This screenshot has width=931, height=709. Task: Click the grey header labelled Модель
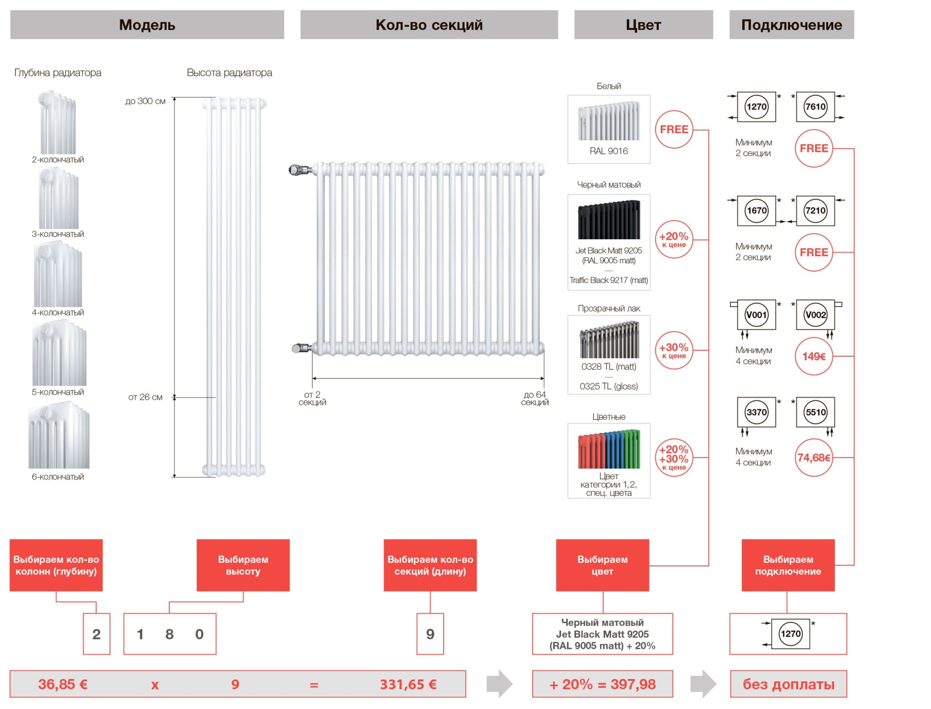[x=147, y=25]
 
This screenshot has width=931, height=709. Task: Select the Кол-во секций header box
[x=429, y=25]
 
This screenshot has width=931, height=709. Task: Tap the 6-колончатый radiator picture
[x=59, y=437]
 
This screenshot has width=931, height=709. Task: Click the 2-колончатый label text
[x=58, y=160]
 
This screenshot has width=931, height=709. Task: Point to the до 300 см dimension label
[x=145, y=101]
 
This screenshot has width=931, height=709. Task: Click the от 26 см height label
[x=145, y=397]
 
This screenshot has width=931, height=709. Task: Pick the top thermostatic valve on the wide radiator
[x=299, y=170]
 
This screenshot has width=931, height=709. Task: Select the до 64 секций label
[x=535, y=398]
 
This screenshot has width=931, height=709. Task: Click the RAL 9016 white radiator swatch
[x=609, y=121]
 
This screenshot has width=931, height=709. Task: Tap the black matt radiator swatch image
[x=609, y=220]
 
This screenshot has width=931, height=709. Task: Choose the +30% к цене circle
[x=674, y=350]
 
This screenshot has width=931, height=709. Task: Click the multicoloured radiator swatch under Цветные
[x=609, y=449]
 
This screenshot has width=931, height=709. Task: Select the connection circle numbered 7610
[x=815, y=107]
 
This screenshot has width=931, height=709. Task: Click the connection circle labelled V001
[x=756, y=315]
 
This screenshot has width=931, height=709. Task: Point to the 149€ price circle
[x=814, y=357]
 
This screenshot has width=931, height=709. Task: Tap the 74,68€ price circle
[x=814, y=458]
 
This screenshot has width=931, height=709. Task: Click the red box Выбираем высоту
[x=243, y=565]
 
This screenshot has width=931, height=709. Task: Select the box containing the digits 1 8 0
[x=170, y=634]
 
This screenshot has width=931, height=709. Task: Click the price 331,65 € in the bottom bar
[x=408, y=684]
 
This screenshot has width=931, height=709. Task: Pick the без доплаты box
[x=788, y=684]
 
